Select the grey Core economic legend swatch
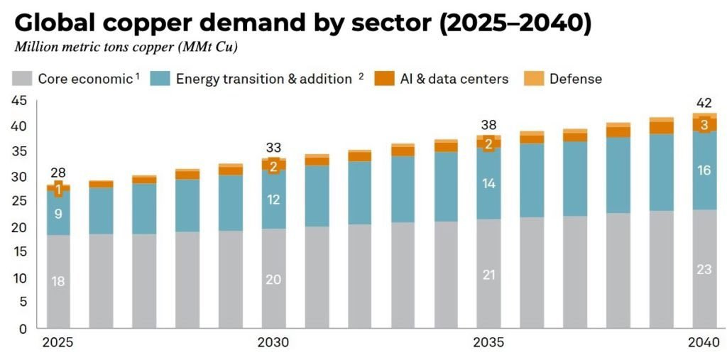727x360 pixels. [23, 78]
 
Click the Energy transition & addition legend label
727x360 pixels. [263, 79]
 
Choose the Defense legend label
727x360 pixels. [575, 79]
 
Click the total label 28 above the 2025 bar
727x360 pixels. [58, 173]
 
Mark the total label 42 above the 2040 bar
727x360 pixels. [704, 102]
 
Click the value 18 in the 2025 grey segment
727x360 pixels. [58, 281]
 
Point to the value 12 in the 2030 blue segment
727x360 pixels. [273, 200]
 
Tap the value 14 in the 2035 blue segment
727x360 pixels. [488, 182]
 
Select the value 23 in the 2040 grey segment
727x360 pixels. [704, 269]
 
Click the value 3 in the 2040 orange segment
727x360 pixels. [704, 125]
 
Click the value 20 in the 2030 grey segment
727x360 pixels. [273, 279]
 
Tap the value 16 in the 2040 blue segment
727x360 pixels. [704, 170]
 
